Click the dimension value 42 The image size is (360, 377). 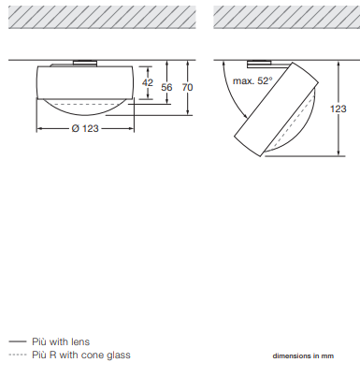click(148, 82)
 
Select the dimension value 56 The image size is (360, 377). click(166, 87)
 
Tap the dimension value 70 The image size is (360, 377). click(187, 87)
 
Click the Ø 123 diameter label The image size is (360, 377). click(85, 128)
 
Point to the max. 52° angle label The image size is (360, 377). click(252, 81)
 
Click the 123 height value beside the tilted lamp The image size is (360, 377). click(338, 109)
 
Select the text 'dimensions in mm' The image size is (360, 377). click(303, 355)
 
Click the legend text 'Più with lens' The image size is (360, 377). click(61, 341)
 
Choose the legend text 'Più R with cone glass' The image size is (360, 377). click(81, 355)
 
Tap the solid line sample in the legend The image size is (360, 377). click(18, 341)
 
